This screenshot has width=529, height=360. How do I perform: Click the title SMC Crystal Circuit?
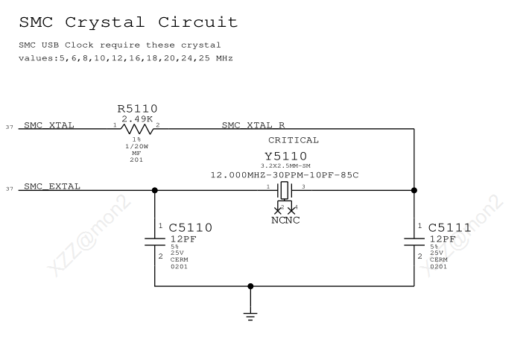click(127, 22)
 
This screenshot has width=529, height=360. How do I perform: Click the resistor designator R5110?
click(138, 109)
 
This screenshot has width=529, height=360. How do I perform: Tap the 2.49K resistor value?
click(137, 119)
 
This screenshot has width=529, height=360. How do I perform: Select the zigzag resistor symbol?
click(137, 128)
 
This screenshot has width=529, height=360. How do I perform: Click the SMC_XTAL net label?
click(49, 124)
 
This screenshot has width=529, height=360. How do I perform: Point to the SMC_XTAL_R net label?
click(253, 124)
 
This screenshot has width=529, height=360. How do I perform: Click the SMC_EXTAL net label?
click(52, 186)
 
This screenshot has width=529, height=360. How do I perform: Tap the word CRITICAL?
click(294, 139)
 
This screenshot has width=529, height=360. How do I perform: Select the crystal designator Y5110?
click(285, 156)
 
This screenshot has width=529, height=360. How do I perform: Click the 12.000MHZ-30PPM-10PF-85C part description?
click(285, 174)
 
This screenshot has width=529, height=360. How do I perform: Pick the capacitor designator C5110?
click(191, 227)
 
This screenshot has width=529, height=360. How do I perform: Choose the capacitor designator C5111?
click(450, 227)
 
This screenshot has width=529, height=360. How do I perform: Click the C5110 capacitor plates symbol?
click(155, 240)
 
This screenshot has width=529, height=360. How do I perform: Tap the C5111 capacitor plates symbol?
click(414, 240)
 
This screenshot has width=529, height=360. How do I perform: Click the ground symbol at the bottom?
click(250, 312)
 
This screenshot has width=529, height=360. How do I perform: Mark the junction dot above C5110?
click(155, 190)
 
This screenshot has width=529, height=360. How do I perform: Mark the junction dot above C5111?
click(414, 190)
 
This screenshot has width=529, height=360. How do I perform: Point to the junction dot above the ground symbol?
click(250, 285)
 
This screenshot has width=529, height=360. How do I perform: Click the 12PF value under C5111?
click(443, 239)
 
